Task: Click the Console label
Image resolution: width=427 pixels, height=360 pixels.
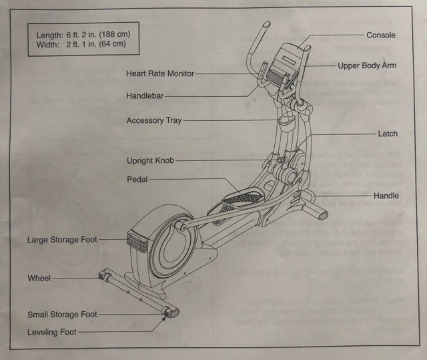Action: [x=381, y=35]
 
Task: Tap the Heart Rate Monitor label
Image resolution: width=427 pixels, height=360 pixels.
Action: [x=160, y=73]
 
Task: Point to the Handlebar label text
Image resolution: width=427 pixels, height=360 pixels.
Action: [x=145, y=96]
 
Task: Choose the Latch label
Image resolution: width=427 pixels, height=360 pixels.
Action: [x=388, y=134]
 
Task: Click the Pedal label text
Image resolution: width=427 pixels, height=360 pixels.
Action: [x=137, y=179]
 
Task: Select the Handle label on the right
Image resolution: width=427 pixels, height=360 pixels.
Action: [x=386, y=196]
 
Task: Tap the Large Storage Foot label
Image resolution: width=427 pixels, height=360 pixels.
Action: [x=62, y=240]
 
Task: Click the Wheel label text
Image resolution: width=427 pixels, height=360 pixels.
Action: [x=39, y=278]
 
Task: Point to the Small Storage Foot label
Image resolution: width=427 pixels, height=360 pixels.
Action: [x=62, y=315]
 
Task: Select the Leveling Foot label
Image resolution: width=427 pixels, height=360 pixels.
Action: [x=52, y=332]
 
